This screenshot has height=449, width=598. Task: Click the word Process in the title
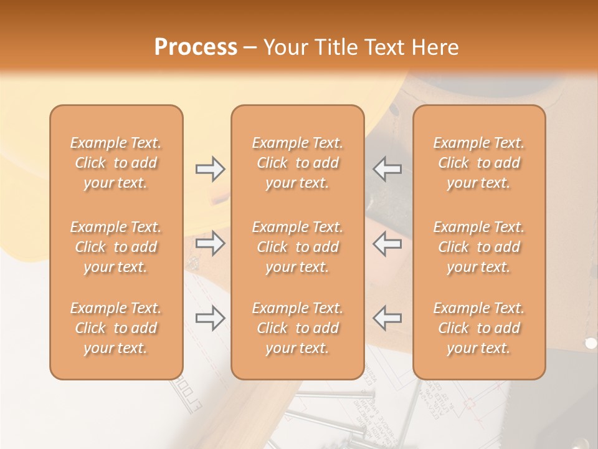pyautogui.click(x=196, y=47)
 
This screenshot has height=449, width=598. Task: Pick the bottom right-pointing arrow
pyautogui.click(x=210, y=318)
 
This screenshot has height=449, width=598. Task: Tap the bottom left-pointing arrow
pyautogui.click(x=387, y=318)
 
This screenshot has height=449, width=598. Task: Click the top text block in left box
pyautogui.click(x=116, y=163)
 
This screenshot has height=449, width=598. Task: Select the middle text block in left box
pyautogui.click(x=116, y=247)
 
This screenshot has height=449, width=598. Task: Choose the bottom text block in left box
pyautogui.click(x=116, y=328)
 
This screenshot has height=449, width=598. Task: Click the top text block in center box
pyautogui.click(x=298, y=163)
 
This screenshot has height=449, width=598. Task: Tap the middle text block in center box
pyautogui.click(x=298, y=247)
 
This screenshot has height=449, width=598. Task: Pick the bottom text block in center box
pyautogui.click(x=298, y=328)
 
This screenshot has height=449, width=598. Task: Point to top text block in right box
pyautogui.click(x=479, y=163)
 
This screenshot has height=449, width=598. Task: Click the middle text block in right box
pyautogui.click(x=479, y=247)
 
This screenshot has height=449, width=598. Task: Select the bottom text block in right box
pyautogui.click(x=479, y=328)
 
